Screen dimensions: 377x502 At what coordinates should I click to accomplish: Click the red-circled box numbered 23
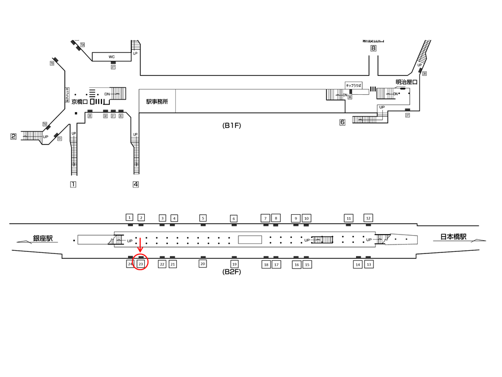(141, 264)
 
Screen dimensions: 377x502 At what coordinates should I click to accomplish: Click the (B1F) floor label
(231, 126)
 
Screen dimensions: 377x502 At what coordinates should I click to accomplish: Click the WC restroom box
(111, 57)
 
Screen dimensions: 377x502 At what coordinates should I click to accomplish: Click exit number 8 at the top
(373, 49)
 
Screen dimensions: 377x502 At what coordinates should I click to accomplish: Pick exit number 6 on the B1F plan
(343, 123)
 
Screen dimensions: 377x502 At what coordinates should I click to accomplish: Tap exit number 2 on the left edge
(14, 137)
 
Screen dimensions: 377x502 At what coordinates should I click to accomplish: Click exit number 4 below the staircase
(135, 184)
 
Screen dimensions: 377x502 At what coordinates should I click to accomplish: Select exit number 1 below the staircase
(74, 184)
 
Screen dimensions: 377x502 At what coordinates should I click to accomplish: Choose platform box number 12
(368, 217)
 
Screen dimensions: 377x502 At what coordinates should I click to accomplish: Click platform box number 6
(234, 218)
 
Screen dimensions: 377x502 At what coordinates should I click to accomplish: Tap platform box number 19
(234, 264)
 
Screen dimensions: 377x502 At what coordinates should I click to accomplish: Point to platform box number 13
(369, 264)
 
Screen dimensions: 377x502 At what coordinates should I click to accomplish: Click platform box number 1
(130, 217)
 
